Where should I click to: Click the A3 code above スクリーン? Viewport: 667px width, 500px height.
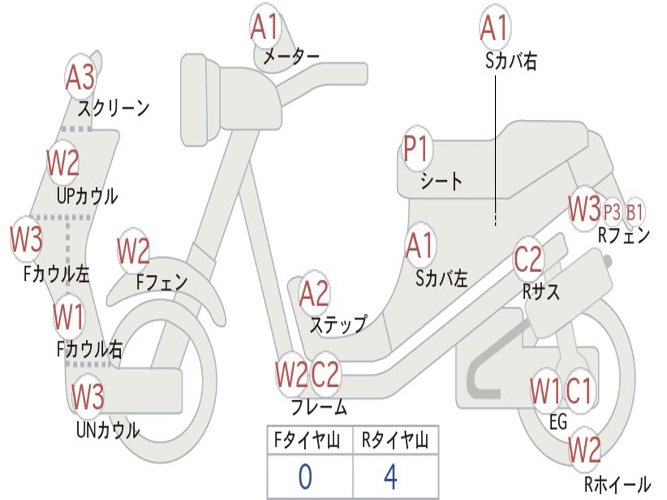click(x=81, y=77)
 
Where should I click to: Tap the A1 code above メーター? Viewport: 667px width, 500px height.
click(x=265, y=27)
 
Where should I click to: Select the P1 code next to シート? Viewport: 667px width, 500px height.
click(x=416, y=149)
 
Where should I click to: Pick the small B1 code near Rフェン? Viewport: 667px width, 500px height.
click(x=635, y=211)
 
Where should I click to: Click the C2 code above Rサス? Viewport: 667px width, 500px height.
click(x=528, y=259)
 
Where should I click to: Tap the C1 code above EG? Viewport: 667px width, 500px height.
click(x=578, y=391)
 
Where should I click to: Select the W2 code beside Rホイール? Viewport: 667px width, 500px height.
click(x=584, y=449)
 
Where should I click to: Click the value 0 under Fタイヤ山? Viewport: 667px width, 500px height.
click(x=305, y=477)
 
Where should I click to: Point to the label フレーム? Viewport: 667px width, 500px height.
click(x=319, y=408)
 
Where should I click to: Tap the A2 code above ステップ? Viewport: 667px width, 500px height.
click(x=314, y=294)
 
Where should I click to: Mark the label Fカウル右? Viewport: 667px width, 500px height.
click(x=89, y=350)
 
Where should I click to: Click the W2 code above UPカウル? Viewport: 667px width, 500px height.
click(x=63, y=163)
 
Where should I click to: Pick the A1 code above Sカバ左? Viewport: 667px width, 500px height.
click(x=419, y=245)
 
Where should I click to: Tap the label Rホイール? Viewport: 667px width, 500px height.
click(x=617, y=484)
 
